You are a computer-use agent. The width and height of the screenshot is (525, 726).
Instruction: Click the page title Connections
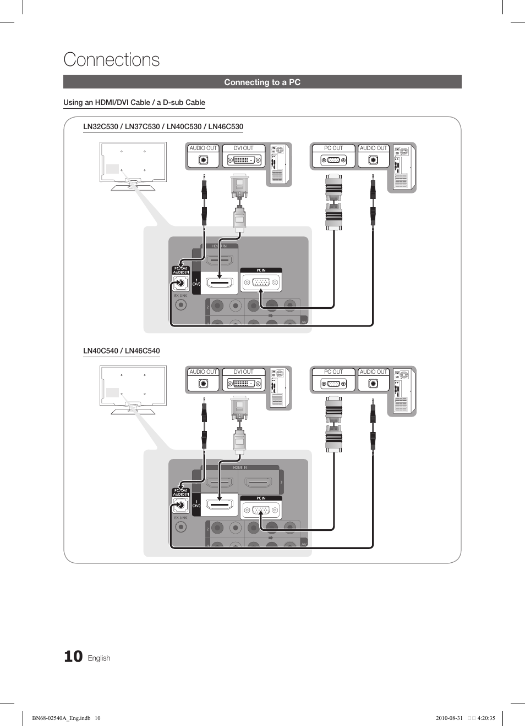[x=112, y=59]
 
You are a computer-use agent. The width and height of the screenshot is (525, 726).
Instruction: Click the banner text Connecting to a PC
[x=262, y=82]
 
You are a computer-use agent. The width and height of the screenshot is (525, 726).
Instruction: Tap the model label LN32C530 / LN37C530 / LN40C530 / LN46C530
[x=163, y=126]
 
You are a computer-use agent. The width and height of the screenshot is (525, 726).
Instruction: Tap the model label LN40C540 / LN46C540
[x=121, y=351]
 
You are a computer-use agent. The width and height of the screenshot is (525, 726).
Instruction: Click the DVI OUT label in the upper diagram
[x=243, y=148]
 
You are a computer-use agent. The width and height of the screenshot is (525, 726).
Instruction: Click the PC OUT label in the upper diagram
[x=333, y=148]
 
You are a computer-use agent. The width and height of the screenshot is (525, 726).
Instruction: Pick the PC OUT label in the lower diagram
[x=333, y=372]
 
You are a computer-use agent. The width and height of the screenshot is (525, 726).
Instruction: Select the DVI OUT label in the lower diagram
[x=243, y=372]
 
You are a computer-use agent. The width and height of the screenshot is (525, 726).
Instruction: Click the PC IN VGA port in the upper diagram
[x=261, y=283]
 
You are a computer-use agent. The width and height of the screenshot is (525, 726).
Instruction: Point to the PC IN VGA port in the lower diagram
[x=261, y=511]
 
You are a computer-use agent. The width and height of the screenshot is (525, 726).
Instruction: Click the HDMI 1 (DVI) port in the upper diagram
[x=219, y=284]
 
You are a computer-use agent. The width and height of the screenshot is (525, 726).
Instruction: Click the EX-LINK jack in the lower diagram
[x=181, y=527]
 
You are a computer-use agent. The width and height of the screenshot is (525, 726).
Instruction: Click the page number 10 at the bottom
[x=73, y=656]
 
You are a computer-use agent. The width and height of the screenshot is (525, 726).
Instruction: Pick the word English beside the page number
[x=99, y=658]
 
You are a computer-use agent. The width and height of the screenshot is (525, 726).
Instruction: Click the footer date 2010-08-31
[x=449, y=718]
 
